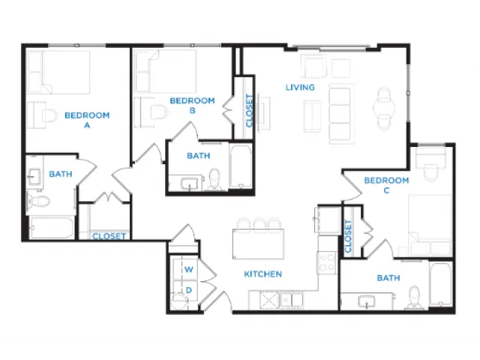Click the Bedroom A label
click(87, 120)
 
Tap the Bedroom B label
click(192, 105)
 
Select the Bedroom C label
click(386, 185)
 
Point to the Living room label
click(300, 87)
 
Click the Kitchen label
click(263, 274)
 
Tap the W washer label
click(188, 269)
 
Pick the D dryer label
click(189, 290)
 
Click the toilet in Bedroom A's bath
click(38, 201)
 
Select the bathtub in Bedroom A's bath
click(52, 227)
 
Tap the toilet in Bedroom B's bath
click(214, 179)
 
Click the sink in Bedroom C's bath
click(367, 301)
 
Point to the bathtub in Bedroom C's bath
click(441, 283)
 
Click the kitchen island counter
click(258, 244)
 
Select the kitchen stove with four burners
click(327, 263)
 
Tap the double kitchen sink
click(292, 299)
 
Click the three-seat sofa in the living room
click(340, 114)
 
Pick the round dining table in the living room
click(384, 108)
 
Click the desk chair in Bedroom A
click(50, 115)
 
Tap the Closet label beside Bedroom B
click(250, 110)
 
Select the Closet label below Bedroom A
click(109, 236)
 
